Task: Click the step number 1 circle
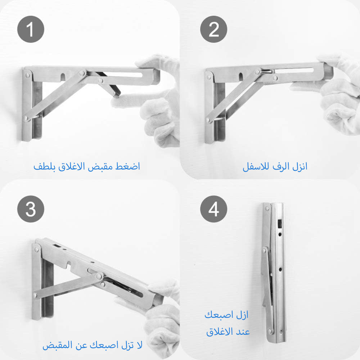31,29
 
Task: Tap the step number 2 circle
213,29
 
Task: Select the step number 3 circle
31,209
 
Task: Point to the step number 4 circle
213,209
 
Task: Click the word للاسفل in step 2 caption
256,166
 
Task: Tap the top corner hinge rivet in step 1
28,75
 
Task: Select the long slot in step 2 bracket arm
294,70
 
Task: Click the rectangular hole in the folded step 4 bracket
280,224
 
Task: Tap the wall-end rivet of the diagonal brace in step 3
35,295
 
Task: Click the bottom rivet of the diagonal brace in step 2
208,120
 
